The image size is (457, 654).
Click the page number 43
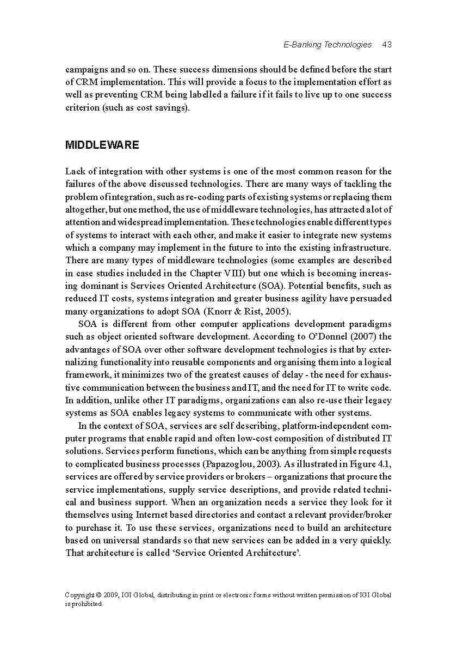coord(387,45)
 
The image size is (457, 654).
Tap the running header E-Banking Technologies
coord(328,45)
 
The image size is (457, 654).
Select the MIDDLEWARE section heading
coord(102,145)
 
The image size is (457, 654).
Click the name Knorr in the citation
coord(218,311)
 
